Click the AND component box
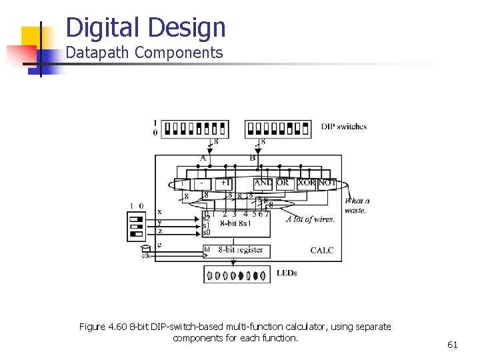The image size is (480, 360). pos(263,183)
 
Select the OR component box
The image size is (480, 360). pos(283,183)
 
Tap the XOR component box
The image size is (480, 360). pos(306,183)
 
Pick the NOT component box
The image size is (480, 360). pos(327,183)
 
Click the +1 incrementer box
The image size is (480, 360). pos(225,183)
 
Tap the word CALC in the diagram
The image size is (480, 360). pos(322,251)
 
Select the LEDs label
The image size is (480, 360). pos(287,273)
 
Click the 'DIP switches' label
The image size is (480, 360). pos(343,127)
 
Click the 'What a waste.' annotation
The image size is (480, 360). pos(357,205)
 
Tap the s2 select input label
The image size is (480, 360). pos(207,218)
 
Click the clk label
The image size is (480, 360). pos(146,255)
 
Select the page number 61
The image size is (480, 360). pos(453,345)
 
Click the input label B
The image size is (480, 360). pos(253,158)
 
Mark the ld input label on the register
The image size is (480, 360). pos(207,250)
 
